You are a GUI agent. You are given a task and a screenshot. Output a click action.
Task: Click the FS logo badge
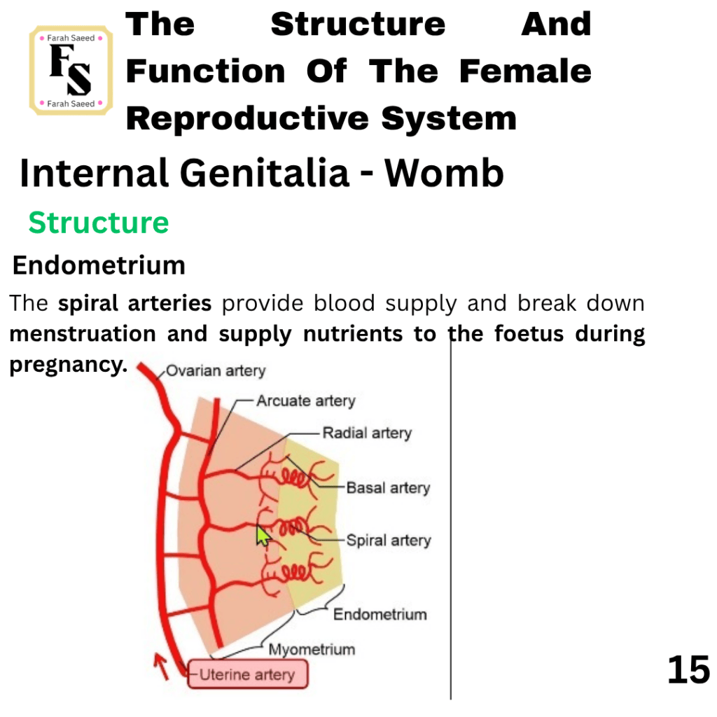(x=71, y=70)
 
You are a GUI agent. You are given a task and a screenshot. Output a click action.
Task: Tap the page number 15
(x=688, y=670)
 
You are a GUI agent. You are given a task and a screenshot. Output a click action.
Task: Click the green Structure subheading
(x=99, y=223)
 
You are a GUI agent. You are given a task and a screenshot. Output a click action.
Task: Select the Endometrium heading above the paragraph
(x=99, y=265)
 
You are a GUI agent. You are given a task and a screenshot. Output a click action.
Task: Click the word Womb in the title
(x=444, y=173)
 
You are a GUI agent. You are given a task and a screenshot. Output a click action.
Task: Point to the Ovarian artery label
(x=216, y=370)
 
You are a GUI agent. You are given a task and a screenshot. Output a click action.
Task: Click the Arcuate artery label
(x=305, y=401)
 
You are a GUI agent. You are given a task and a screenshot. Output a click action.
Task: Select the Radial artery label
(x=367, y=433)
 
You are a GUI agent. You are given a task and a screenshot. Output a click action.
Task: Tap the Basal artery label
(x=388, y=487)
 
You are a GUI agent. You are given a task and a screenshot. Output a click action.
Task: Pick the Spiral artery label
(x=389, y=540)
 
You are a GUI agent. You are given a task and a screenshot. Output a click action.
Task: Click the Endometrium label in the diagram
(x=380, y=614)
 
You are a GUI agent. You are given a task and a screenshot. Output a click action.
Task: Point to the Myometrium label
(x=312, y=649)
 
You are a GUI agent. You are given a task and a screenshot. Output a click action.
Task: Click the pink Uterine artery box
(x=247, y=674)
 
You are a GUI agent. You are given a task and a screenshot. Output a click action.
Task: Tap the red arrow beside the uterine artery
(x=161, y=667)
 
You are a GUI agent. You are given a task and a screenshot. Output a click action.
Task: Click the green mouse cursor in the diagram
(x=263, y=536)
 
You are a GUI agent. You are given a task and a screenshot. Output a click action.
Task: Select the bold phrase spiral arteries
(x=135, y=303)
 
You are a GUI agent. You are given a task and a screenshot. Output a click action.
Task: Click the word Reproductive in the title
(x=247, y=118)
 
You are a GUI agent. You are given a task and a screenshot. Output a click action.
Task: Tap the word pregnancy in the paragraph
(x=68, y=365)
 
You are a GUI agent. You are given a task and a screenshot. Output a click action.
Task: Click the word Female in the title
(x=525, y=71)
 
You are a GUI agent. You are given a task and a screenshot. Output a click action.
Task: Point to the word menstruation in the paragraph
(x=83, y=334)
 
